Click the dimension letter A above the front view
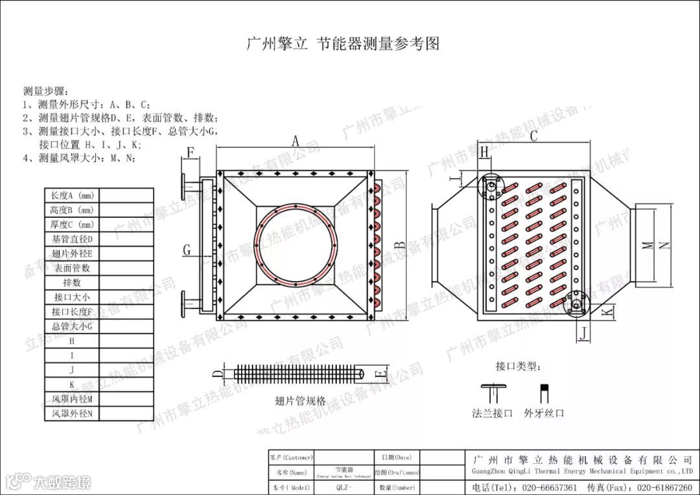[295, 141]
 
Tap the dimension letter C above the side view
[534, 136]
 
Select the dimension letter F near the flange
[191, 153]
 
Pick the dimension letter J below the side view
[583, 334]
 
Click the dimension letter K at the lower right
[606, 312]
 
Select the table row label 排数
[72, 283]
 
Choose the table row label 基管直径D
[72, 239]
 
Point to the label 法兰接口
[493, 412]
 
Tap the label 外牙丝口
[544, 412]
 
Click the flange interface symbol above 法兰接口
[493, 391]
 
